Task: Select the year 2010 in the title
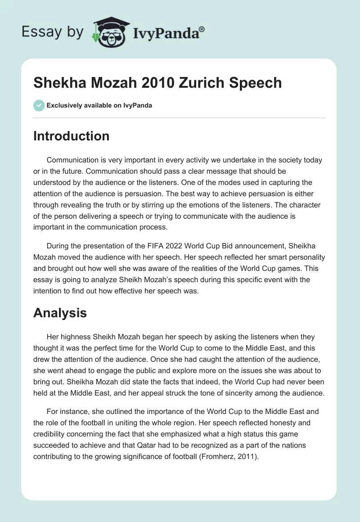(x=155, y=83)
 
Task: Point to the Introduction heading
(x=71, y=136)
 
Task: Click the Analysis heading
(x=60, y=313)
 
